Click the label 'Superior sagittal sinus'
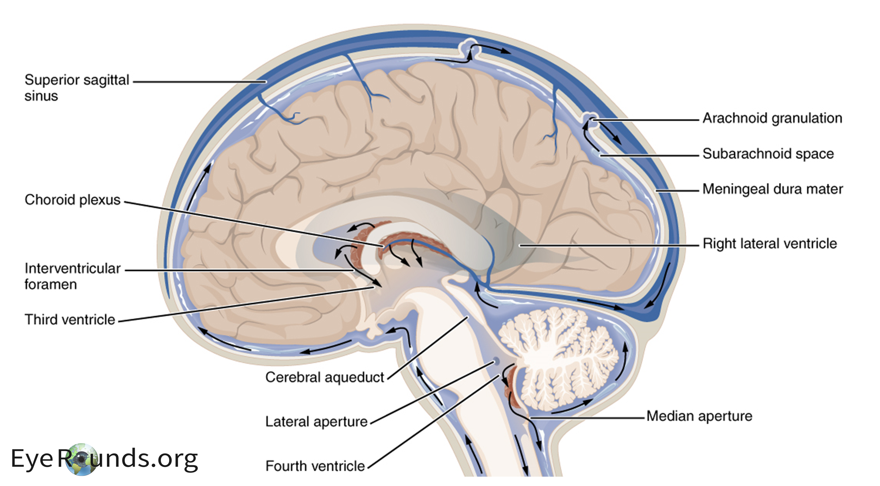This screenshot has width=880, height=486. pyautogui.click(x=77, y=88)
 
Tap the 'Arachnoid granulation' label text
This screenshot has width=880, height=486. pyautogui.click(x=772, y=118)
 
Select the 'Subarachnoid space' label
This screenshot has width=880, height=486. pyautogui.click(x=768, y=154)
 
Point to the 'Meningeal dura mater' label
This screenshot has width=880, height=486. pyautogui.click(x=773, y=189)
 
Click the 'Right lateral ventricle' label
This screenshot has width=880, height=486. pyautogui.click(x=769, y=243)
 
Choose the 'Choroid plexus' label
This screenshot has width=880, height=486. pyautogui.click(x=73, y=200)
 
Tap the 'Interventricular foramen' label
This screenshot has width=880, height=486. pyautogui.click(x=73, y=276)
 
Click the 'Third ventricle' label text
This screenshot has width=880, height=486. pyautogui.click(x=70, y=320)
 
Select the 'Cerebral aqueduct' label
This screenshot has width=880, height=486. pyautogui.click(x=324, y=377)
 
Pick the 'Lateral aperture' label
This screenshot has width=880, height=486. pyautogui.click(x=316, y=421)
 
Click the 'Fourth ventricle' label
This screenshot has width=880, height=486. pyautogui.click(x=315, y=466)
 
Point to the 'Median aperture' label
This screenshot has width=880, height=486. pyautogui.click(x=699, y=416)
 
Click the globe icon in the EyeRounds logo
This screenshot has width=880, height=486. pyautogui.click(x=81, y=459)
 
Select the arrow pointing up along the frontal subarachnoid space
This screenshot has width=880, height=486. pyautogui.click(x=199, y=186)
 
